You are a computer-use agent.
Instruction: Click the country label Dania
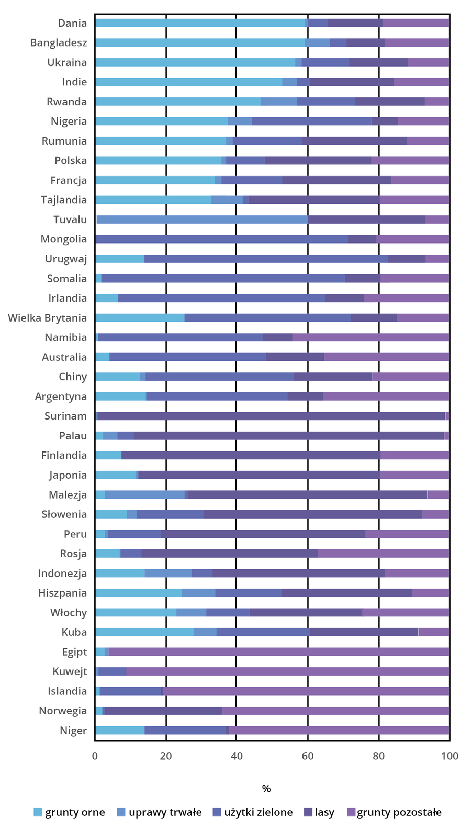tap(72, 23)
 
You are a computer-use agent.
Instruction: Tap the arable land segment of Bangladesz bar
tap(199, 43)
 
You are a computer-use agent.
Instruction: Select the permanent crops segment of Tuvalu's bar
tap(202, 219)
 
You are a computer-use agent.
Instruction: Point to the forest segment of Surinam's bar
tap(271, 416)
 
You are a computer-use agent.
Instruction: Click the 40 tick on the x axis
tap(236, 756)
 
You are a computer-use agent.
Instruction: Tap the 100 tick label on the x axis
tap(450, 756)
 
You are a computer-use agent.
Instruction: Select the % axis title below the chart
tap(266, 789)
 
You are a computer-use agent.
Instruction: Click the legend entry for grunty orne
tap(74, 812)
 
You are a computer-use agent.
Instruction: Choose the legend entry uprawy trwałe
tap(165, 812)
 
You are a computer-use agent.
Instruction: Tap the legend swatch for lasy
tap(308, 812)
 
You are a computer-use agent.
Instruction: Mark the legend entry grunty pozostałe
tap(399, 812)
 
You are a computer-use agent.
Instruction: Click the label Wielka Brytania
tap(47, 318)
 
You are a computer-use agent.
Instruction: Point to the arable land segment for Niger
tap(120, 731)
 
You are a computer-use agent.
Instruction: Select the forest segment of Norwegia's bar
tap(163, 711)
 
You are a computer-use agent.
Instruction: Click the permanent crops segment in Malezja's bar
tap(144, 494)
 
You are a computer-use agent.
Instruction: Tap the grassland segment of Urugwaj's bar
tap(266, 259)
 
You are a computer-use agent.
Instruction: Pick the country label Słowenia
tap(64, 514)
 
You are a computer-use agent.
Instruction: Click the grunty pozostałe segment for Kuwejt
tap(287, 671)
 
